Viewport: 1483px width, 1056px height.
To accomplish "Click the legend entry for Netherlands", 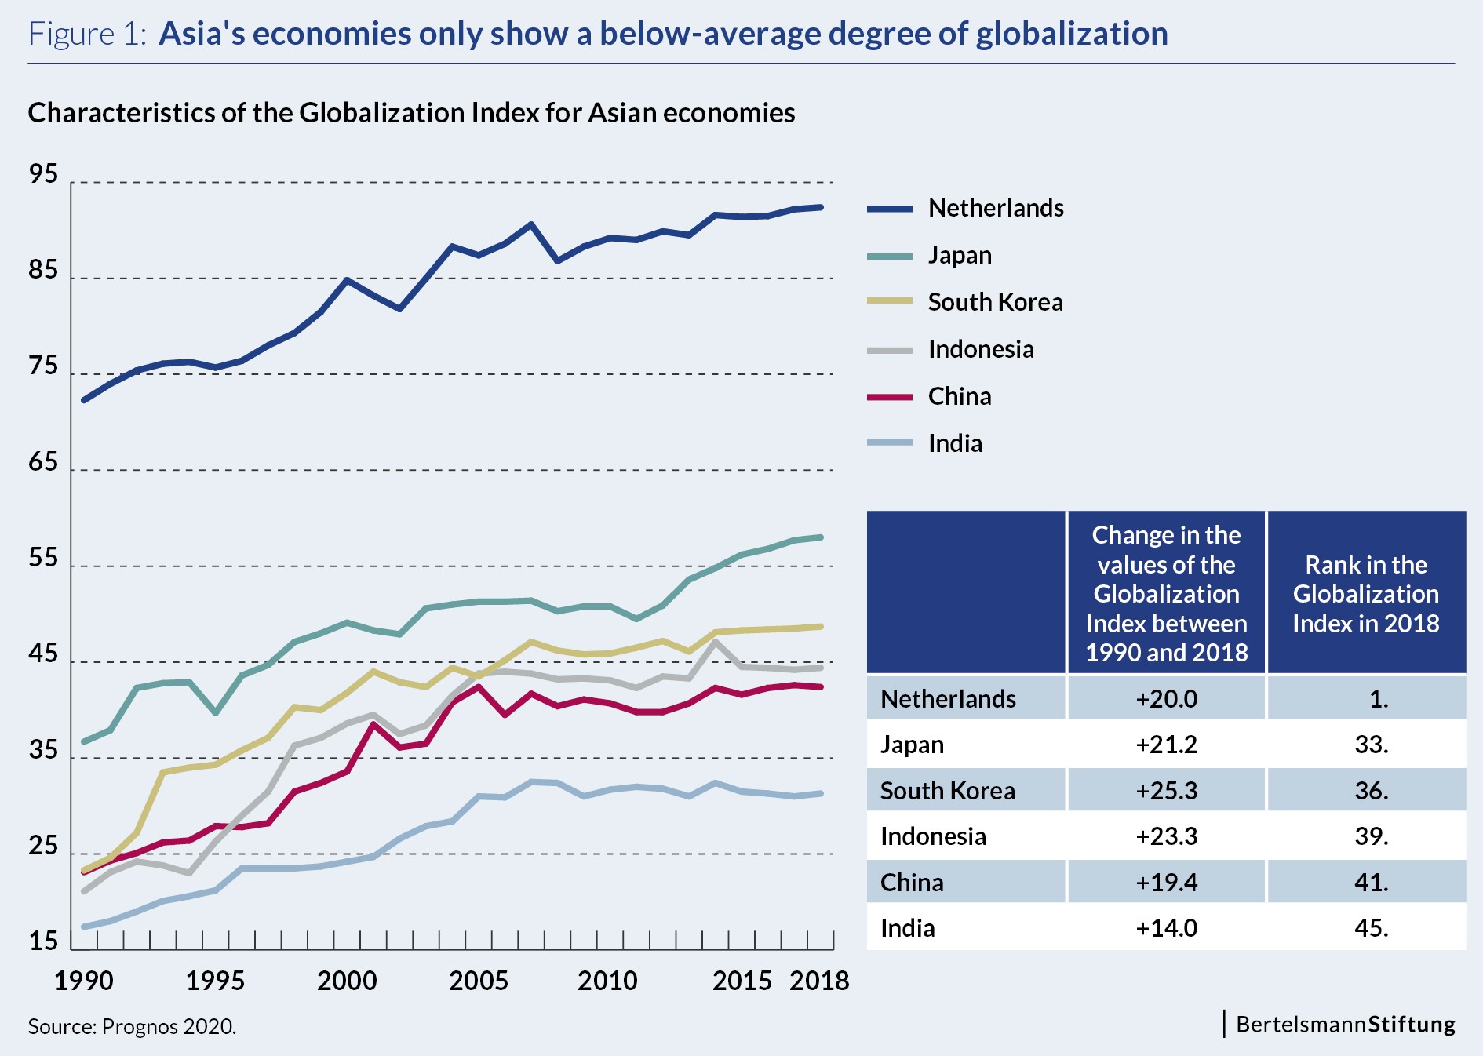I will point(995,208).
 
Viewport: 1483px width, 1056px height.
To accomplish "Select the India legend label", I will point(955,443).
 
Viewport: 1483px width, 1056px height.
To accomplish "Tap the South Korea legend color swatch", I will point(890,301).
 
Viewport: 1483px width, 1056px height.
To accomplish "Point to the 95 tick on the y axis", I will point(43,174).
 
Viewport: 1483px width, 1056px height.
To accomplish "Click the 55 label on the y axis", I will point(43,558).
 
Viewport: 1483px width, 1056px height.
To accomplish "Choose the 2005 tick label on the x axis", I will point(478,981).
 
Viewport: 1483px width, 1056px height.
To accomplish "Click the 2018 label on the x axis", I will point(819,981).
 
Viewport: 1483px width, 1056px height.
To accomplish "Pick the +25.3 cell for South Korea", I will point(1166,790).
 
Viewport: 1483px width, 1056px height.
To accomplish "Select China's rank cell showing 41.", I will point(1371,883).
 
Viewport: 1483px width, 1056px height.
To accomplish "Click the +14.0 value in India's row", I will point(1166,928).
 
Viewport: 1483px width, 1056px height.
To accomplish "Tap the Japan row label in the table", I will point(912,744).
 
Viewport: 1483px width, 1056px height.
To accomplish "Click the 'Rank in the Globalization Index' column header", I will point(1366,594).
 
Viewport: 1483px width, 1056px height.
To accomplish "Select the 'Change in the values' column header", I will point(1166,593).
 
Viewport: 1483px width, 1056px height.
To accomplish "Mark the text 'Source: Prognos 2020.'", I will point(132,1026).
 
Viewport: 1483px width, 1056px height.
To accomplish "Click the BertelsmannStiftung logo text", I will point(1345,1025).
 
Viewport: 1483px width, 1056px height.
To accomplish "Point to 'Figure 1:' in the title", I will point(87,34).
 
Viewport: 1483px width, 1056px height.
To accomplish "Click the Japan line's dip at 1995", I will point(216,712).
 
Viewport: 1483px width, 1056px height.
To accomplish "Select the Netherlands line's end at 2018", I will point(821,207).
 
